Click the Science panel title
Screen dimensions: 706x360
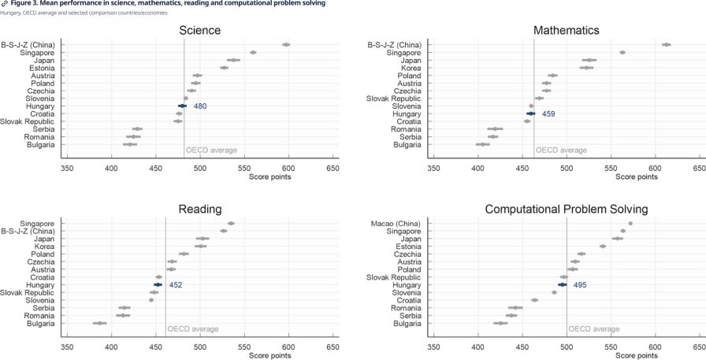pos(200,30)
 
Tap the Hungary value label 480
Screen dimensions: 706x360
pos(200,106)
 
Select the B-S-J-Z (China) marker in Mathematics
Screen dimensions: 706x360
pos(667,45)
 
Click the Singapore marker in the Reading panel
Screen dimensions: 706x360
pos(231,223)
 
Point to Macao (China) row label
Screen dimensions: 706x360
pos(396,224)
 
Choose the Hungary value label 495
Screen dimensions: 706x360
pos(580,285)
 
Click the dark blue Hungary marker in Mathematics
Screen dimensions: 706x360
pos(531,114)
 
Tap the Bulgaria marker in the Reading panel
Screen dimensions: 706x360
pos(100,323)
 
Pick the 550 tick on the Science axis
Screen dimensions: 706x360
pos(244,169)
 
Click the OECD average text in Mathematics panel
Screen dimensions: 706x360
pos(561,150)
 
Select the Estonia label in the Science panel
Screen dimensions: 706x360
pos(43,68)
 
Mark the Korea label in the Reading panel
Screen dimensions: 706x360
pos(45,247)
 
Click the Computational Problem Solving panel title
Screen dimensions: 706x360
pos(567,210)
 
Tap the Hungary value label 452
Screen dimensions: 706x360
pos(176,285)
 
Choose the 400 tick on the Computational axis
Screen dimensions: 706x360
pos(477,347)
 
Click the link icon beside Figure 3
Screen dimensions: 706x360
pos(5,4)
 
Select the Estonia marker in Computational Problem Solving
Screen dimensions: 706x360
pos(603,246)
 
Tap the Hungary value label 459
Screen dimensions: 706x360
pos(548,114)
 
